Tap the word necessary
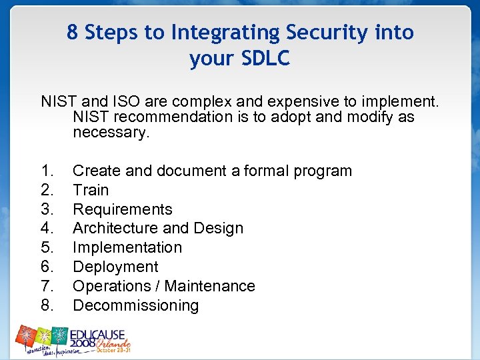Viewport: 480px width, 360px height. pyautogui.click(x=111, y=132)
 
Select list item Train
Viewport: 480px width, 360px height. pyautogui.click(x=90, y=190)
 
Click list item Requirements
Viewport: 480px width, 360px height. pyautogui.click(x=122, y=209)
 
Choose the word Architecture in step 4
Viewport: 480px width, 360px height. pyautogui.click(x=115, y=228)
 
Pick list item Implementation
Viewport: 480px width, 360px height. pyautogui.click(x=127, y=247)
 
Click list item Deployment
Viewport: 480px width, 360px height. pyautogui.click(x=115, y=267)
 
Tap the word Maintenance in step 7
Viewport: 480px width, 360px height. pyautogui.click(x=210, y=286)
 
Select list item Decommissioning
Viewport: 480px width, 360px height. pyautogui.click(x=135, y=305)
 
